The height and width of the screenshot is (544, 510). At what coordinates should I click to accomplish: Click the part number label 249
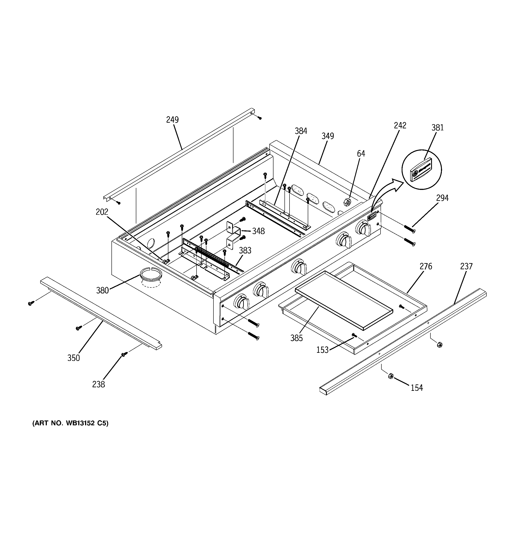[x=172, y=120]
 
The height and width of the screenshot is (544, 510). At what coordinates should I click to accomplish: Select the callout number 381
[x=437, y=127]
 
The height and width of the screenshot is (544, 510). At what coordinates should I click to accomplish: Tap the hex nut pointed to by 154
[x=391, y=376]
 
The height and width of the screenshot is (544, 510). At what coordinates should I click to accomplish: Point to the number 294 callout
[x=442, y=198]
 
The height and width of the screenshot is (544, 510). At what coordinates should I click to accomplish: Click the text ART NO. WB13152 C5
[x=70, y=423]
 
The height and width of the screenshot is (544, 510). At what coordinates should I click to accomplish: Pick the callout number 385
[x=297, y=338]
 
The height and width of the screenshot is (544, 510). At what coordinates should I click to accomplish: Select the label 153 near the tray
[x=322, y=350]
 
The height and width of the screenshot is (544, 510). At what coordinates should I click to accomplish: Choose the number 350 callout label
[x=73, y=358]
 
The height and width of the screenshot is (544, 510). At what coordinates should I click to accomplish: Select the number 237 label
[x=466, y=266]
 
